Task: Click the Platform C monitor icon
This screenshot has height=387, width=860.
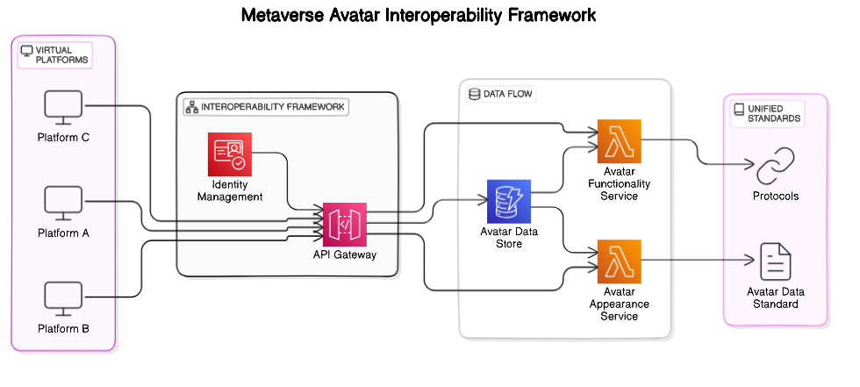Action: pyautogui.click(x=63, y=107)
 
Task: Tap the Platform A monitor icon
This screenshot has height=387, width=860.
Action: pyautogui.click(x=63, y=203)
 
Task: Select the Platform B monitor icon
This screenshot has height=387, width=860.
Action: pyautogui.click(x=63, y=298)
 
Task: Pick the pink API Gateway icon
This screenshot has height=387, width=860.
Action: pyautogui.click(x=344, y=224)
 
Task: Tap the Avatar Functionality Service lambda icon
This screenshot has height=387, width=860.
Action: pyautogui.click(x=620, y=141)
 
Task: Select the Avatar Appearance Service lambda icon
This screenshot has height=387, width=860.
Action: pyautogui.click(x=620, y=261)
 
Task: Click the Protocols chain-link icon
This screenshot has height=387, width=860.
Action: pyautogui.click(x=775, y=167)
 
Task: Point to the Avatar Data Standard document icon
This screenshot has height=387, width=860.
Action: pyautogui.click(x=775, y=262)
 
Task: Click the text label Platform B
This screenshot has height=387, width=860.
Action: pyautogui.click(x=63, y=329)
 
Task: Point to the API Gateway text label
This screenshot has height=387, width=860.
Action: pyautogui.click(x=344, y=255)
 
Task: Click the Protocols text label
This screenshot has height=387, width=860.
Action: pyautogui.click(x=775, y=196)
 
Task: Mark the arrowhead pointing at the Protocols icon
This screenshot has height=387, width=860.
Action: pyautogui.click(x=749, y=166)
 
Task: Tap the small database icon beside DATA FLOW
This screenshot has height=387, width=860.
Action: pyautogui.click(x=475, y=94)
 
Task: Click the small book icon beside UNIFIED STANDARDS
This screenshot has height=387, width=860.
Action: pyautogui.click(x=739, y=109)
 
